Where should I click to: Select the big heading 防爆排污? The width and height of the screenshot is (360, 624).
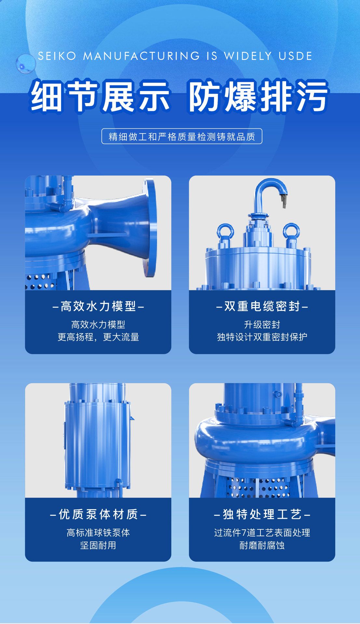point(258,96)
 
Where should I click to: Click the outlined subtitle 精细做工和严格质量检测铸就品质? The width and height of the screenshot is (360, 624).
point(181,136)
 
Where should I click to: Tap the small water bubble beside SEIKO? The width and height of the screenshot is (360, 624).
point(25,63)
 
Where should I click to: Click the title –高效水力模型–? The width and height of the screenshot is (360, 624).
point(98,306)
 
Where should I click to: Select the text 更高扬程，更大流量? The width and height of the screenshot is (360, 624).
point(98,337)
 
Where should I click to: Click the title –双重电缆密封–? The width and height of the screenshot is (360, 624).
point(262,306)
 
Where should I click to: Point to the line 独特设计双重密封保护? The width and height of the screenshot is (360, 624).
point(262,337)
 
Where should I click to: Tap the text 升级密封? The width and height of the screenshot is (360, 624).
point(262,324)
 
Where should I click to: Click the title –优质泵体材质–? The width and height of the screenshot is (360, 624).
point(98,514)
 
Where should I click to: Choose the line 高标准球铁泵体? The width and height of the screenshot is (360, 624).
point(98,533)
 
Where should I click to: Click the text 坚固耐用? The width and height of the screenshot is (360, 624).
point(98,545)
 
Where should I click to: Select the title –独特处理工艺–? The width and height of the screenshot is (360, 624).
point(262,514)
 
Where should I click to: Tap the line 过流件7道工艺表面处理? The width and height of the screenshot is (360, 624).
point(262,533)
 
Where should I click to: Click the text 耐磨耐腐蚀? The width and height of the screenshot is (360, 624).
point(262,545)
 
